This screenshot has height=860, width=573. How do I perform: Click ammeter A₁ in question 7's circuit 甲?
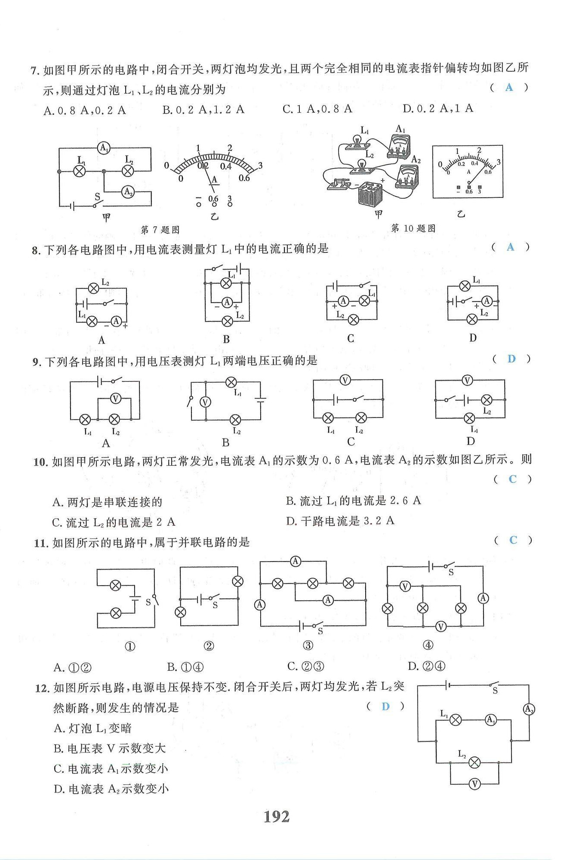coord(104,148)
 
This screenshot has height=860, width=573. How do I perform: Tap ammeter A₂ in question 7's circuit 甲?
coord(128,192)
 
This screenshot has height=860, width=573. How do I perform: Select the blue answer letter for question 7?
coord(509,87)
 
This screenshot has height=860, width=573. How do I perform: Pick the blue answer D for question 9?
coord(511,359)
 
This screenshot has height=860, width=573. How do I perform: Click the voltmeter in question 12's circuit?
coord(474,784)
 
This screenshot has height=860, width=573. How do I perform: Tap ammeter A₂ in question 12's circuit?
coord(529,709)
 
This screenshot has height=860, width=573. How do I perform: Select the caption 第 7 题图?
coord(160,230)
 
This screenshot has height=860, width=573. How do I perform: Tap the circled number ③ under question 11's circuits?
coord(308,645)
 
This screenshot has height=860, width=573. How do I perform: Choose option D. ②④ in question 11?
coord(426,666)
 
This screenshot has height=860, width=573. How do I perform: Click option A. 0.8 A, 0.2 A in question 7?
coord(85,111)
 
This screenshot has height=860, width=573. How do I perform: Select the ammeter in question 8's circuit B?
coord(227,302)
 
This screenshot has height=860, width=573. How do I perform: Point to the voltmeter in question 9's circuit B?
coord(206,402)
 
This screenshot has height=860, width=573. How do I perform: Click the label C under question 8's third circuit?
coord(351,339)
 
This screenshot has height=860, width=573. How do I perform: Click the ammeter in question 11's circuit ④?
coord(484,598)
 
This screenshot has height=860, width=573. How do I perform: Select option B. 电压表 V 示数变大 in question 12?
coord(110,748)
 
